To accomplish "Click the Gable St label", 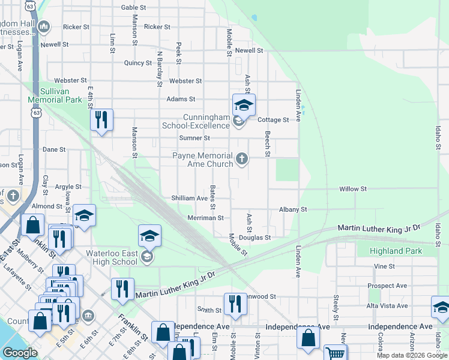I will tap(133, 7).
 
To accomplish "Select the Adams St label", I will tap(181, 99).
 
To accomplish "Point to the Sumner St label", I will tap(194, 138).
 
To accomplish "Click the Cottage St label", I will tap(273, 120).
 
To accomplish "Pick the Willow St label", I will tap(352, 189).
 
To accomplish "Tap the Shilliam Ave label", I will tap(189, 198).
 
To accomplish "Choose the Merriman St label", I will tap(205, 218).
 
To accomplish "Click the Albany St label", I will tap(292, 209).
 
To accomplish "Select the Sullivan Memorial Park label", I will tap(54, 96).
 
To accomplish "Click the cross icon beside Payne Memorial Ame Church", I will tap(242, 159).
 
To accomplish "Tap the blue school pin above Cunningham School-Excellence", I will tap(244, 106).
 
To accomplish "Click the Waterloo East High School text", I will tap(112, 257).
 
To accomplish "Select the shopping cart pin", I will tap(335, 353).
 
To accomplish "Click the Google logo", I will tap(20, 353).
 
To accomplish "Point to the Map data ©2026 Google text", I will tap(412, 355).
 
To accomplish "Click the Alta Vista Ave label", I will tap(387, 306).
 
